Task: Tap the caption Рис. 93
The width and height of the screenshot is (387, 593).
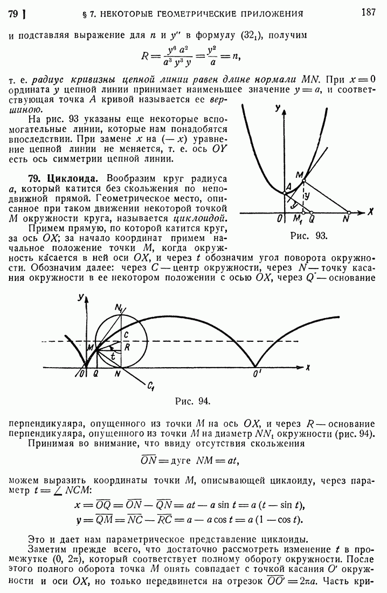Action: [308, 235]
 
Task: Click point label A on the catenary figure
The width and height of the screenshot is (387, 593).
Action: [288, 186]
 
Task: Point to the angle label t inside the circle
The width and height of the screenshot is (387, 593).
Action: [112, 356]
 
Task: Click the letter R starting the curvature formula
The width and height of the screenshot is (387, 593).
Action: [144, 56]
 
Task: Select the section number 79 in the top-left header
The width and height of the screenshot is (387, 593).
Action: [15, 13]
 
